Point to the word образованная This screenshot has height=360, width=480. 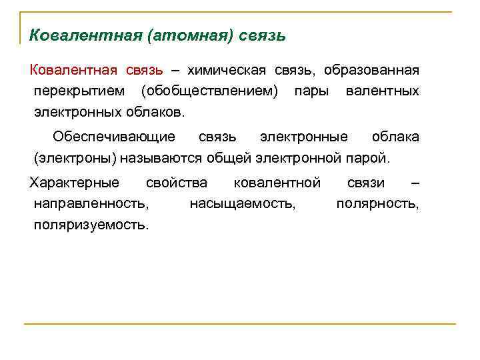coord(371,70)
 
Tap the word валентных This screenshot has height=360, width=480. coord(383,90)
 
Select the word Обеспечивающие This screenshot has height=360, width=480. coord(114,137)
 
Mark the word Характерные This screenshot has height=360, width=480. coord(75,183)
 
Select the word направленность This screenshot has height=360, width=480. coord(91,203)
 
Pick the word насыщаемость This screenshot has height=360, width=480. coord(243,203)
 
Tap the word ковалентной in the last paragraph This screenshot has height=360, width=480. coord(277,183)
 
